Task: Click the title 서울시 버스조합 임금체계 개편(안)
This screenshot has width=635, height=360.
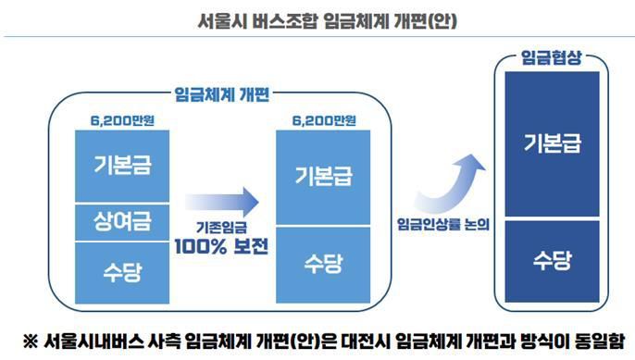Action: [317, 19]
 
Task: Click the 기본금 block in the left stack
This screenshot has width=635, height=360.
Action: [122, 168]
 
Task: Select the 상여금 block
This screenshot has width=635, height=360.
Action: [122, 222]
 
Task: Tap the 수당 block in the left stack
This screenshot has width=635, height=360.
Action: [122, 271]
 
